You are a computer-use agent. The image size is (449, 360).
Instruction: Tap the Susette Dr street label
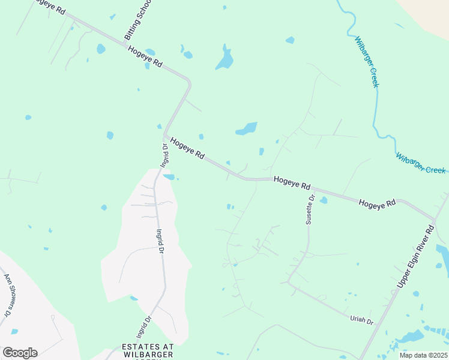tap(310, 209)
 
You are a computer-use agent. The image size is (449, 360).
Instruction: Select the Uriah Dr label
tap(361, 320)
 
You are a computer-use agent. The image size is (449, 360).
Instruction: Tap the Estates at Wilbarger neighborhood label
tap(147, 351)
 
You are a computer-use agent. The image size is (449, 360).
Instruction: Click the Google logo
tap(20, 353)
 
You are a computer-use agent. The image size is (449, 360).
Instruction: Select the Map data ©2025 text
tap(424, 355)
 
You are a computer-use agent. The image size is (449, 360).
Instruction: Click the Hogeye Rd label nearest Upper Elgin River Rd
tap(378, 203)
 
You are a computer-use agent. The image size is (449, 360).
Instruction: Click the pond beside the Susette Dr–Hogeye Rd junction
tap(324, 200)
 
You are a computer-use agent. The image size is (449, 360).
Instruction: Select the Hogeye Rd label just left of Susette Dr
tap(292, 181)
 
